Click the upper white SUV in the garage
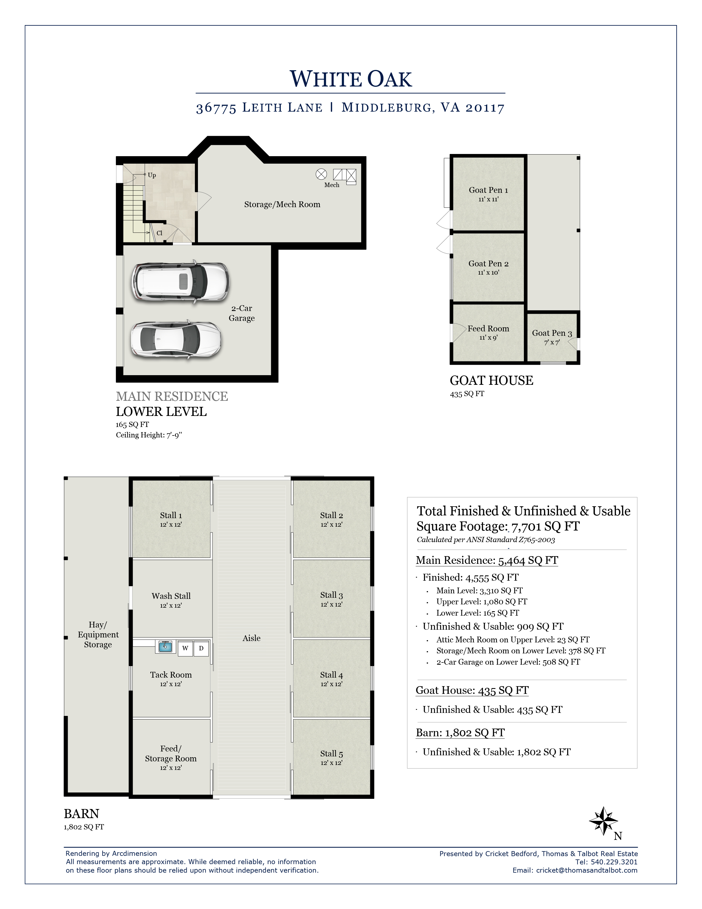tap(181, 281)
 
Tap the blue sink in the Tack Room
tap(165, 647)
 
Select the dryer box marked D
tap(201, 648)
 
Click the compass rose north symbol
tap(603, 820)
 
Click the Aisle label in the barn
tap(252, 638)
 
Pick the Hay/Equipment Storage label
tap(98, 634)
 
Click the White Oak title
tap(350, 79)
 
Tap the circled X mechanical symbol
tap(321, 174)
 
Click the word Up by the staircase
tap(152, 175)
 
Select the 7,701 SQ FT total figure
tap(545, 526)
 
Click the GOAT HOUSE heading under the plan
tap(491, 380)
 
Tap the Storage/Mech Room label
tap(282, 204)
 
